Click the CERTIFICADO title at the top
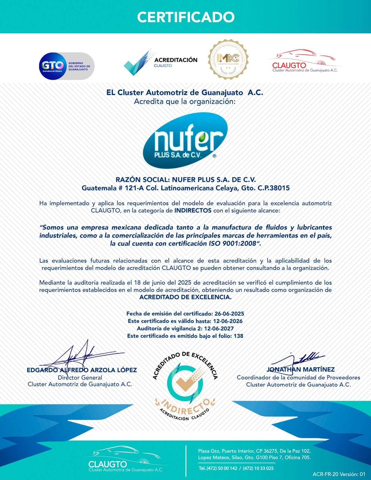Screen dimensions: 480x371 click(185, 17)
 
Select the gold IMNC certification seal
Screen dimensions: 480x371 click(228, 59)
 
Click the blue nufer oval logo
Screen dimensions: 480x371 click(185, 140)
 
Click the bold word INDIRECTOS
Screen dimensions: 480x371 click(193, 211)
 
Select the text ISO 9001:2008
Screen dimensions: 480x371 click(233, 244)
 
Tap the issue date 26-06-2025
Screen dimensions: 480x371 click(229, 314)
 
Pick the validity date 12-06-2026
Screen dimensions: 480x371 click(228, 321)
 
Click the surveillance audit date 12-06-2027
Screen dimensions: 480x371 click(219, 328)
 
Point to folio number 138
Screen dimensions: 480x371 click(238, 336)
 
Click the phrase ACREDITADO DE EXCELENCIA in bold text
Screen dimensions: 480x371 click(185, 297)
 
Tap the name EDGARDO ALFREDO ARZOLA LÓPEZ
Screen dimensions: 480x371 click(82, 370)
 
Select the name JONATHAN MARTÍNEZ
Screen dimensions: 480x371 click(300, 370)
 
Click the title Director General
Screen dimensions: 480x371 click(80, 377)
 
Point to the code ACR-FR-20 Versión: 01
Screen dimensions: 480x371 click(339, 474)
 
